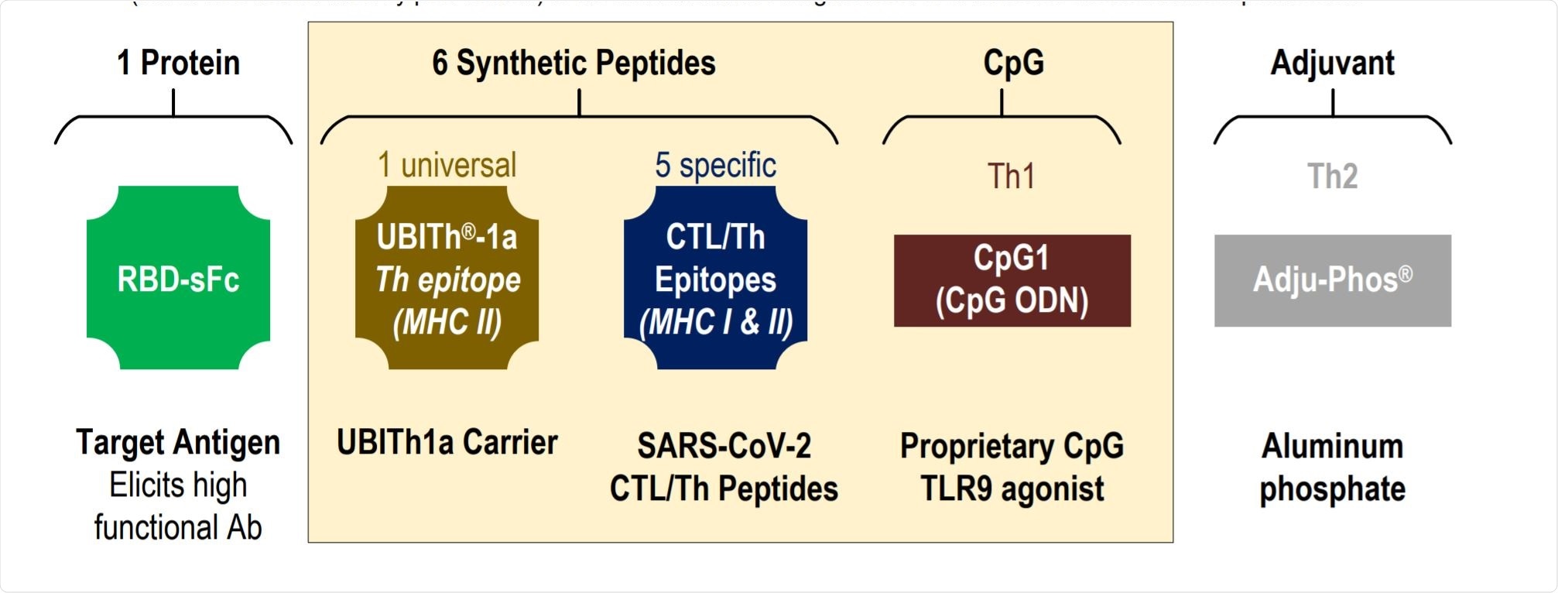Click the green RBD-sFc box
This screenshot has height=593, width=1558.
(178, 278)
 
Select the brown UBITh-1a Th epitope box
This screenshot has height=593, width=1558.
(447, 278)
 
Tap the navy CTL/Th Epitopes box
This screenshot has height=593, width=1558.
(715, 278)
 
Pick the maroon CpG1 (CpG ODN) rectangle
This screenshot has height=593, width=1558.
(1012, 280)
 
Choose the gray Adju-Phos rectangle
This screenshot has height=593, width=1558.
(1332, 280)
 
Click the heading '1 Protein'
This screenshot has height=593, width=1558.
(178, 63)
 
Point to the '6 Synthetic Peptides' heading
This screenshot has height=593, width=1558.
(574, 63)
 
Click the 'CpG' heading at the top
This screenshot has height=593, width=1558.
(1013, 63)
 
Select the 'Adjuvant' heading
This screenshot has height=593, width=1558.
(1332, 63)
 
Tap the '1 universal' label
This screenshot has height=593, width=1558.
(447, 165)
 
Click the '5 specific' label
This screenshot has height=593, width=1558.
(715, 165)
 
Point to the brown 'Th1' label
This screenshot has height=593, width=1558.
(1011, 177)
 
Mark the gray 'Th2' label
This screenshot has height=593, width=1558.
(1332, 177)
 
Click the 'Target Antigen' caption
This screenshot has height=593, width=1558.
(178, 443)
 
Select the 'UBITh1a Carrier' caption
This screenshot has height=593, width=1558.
(447, 443)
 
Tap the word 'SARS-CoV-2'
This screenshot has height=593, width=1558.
(724, 446)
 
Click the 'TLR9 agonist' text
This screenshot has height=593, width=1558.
(1012, 489)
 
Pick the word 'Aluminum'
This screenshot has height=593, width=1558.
(1332, 446)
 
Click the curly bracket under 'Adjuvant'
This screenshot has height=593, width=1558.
(1332, 118)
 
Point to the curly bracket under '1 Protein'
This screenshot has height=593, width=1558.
(173, 118)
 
